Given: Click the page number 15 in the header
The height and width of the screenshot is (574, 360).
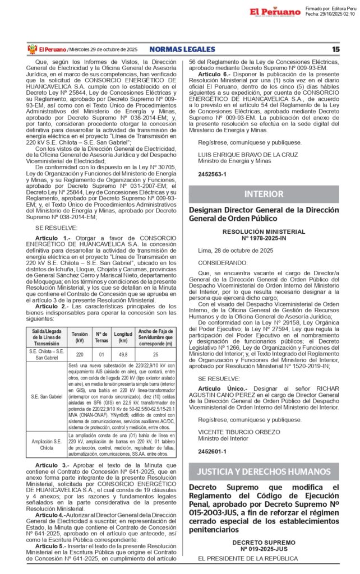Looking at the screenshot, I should click(335, 49).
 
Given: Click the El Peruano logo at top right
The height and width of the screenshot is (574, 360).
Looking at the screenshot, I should click(275, 11).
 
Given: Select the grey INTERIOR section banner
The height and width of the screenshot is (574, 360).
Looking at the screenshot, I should click(264, 194).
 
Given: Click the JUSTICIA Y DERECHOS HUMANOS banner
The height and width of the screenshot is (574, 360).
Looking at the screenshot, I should click(264, 470).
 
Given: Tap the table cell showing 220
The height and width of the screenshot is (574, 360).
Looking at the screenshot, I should click(80, 354).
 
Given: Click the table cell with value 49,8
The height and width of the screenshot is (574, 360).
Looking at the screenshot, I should click(123, 354).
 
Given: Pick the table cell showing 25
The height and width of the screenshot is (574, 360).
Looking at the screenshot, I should click(155, 354).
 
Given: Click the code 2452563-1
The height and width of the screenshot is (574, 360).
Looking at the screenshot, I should click(212, 174).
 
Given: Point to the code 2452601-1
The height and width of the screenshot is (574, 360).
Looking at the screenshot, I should click(212, 450).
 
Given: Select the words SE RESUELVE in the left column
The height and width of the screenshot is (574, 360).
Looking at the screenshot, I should click(56, 228).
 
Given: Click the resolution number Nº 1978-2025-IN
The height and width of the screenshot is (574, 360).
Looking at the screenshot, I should click(264, 238).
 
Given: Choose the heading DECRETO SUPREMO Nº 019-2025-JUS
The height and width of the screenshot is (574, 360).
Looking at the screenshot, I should click(264, 547).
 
